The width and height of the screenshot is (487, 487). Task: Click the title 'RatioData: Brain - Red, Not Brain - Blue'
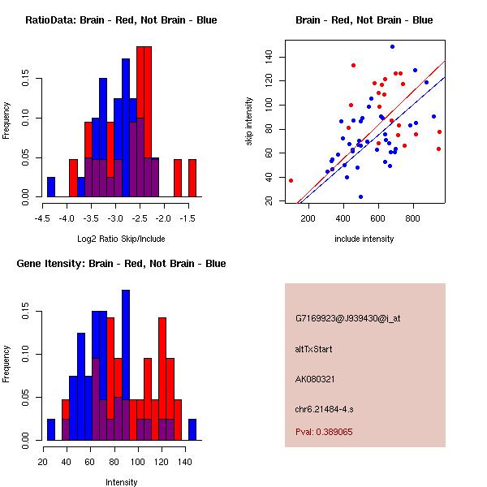click(121, 19)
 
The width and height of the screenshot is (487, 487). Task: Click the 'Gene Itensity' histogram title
click(121, 263)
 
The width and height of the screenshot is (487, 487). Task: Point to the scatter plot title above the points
click(364, 19)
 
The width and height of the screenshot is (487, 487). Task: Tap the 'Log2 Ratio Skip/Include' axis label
click(121, 239)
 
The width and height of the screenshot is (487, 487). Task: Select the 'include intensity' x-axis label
click(364, 239)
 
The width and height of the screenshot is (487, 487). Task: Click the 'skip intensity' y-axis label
click(250, 122)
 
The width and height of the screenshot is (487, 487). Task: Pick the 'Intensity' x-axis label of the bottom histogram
click(121, 482)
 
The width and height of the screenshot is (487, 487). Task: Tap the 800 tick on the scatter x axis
click(414, 218)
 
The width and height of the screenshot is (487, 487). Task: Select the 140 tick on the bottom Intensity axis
click(184, 462)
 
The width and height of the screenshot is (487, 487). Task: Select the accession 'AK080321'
click(315, 379)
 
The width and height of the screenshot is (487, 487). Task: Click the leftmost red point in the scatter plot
click(291, 180)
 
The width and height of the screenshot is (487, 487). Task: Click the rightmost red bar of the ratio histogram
click(192, 178)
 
